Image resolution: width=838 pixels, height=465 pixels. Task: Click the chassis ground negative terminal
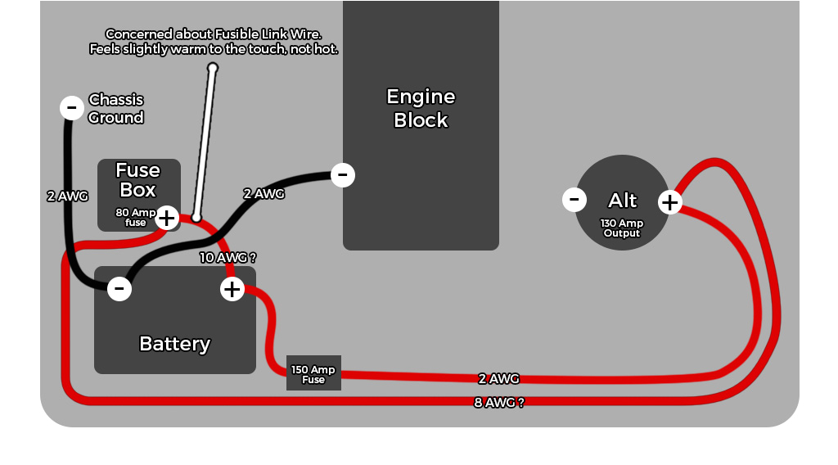point(72,107)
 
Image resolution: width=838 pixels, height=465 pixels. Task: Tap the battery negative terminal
point(119,288)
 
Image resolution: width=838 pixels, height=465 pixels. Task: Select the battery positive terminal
point(232,288)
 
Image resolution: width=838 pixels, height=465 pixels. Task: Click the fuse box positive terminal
point(167,218)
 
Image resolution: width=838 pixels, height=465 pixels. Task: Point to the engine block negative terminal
point(343,174)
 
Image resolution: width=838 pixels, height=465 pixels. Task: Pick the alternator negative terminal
point(574,199)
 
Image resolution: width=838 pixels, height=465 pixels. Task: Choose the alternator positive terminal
point(670,201)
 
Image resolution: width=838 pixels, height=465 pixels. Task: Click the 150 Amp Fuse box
point(313,373)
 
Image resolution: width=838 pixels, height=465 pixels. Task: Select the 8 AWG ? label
point(499,402)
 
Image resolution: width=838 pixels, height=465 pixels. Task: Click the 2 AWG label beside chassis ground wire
point(67,196)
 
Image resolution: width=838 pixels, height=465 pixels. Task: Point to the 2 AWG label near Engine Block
point(264,194)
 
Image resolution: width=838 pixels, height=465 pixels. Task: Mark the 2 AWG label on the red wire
point(499,378)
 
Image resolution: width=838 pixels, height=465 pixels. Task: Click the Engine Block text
point(421,108)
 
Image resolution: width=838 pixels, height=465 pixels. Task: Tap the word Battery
point(175,344)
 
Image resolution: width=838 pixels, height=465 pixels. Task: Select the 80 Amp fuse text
point(136,217)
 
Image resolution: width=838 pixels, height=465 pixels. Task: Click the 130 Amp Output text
point(622,228)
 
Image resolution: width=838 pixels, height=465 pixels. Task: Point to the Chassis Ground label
point(115,108)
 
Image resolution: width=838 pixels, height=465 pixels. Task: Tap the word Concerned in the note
point(139,34)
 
